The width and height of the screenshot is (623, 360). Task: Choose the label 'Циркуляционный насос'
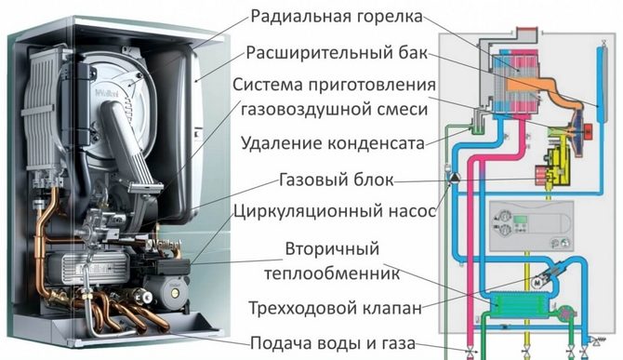click(x=335, y=211)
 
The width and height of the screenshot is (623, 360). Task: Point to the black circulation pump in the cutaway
click(x=167, y=267)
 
